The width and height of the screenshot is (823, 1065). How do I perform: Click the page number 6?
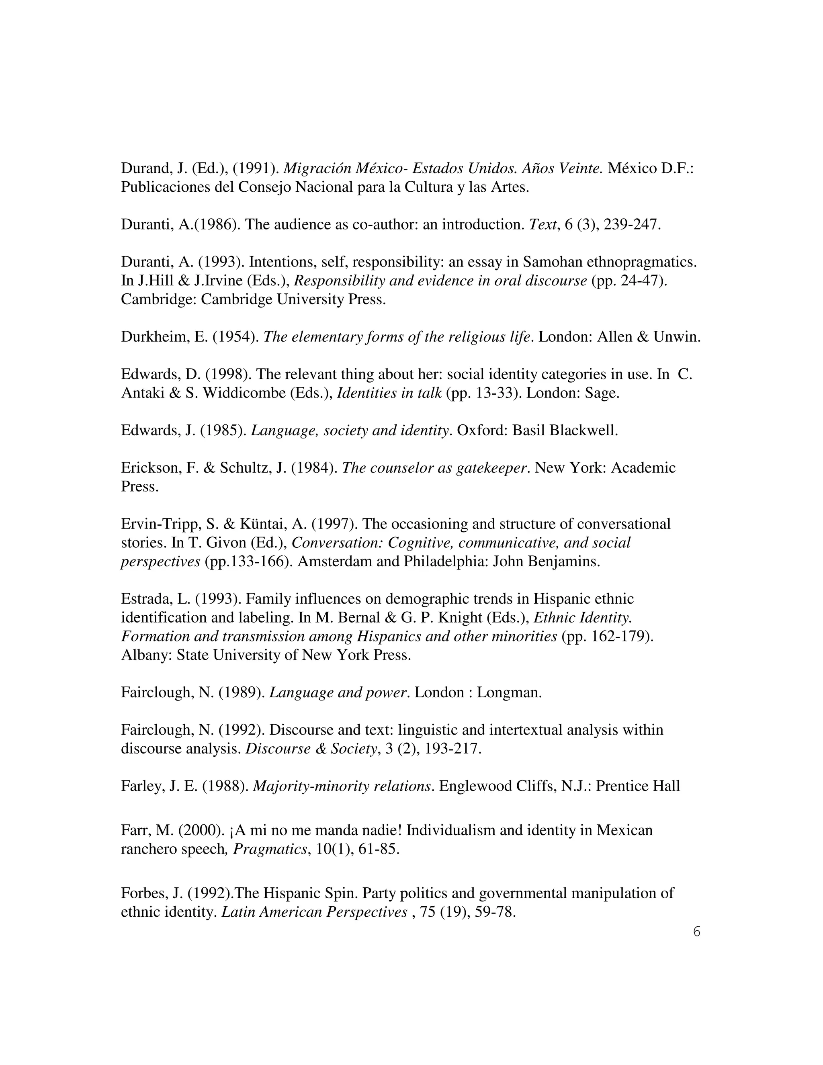click(696, 932)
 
